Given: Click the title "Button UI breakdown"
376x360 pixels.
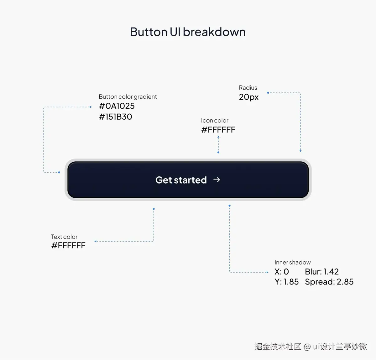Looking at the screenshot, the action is tap(188, 32).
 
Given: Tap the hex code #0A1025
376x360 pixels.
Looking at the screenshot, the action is tap(117, 106).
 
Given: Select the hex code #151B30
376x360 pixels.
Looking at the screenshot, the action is tap(116, 117).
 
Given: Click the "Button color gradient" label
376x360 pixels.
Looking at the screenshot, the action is tap(128, 97).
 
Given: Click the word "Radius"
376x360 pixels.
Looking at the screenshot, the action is tap(248, 88).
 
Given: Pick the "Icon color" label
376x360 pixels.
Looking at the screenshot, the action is tap(215, 120).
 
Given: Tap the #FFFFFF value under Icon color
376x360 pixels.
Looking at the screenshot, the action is tap(218, 130).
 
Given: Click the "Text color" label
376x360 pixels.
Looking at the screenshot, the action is tap(64, 237).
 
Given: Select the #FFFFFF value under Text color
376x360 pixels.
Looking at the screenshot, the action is tap(68, 245).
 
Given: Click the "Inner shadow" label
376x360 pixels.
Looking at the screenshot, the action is tap(293, 263).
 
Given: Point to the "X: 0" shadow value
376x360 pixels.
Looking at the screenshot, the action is tap(282, 272).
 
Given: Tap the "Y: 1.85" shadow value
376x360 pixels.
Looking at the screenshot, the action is tap(287, 282).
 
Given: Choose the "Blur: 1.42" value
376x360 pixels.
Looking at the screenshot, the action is tap(322, 272).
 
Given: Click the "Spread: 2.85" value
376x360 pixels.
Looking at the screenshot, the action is tap(329, 282).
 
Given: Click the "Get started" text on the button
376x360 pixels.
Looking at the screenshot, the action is tap(181, 180).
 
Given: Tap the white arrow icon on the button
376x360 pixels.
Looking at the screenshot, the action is tap(217, 180).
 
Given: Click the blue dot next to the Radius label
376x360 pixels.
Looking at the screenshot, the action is tap(268, 93).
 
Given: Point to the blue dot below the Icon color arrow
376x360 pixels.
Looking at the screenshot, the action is tap(218, 153).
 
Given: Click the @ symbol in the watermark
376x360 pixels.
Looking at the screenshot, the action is tap(307, 347).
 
